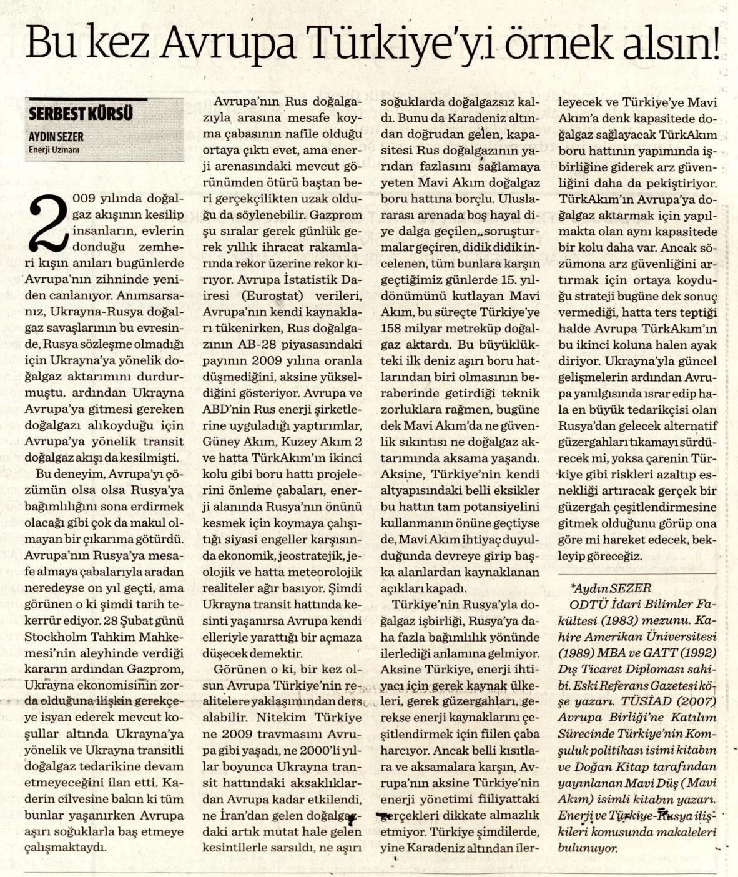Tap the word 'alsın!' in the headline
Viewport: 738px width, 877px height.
(x=668, y=44)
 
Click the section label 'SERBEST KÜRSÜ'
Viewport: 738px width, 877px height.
(x=81, y=114)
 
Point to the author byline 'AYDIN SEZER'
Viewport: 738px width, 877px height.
(x=56, y=136)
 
